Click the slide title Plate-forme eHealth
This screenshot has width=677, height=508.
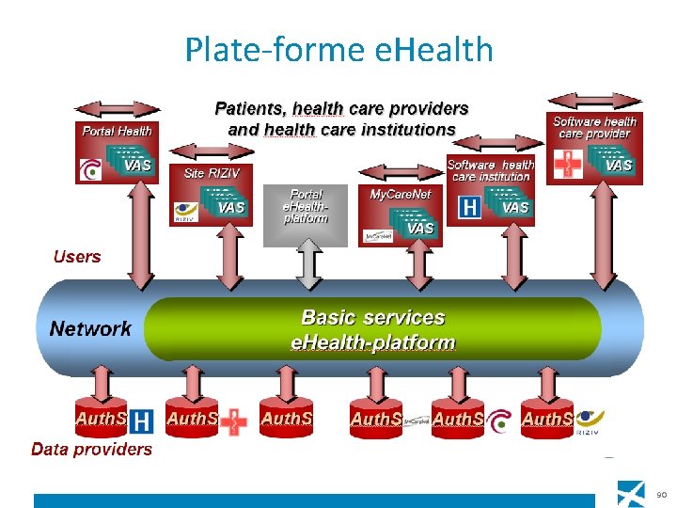[x=338, y=49]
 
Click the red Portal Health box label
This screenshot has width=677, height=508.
[x=117, y=131]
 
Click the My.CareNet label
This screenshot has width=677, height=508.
[x=400, y=192]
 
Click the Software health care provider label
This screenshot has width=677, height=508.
[x=595, y=127]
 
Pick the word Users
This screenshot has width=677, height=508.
[x=77, y=256]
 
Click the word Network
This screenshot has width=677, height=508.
[x=90, y=328]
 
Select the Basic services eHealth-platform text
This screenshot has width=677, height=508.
[x=372, y=330]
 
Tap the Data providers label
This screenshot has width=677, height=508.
[x=91, y=449]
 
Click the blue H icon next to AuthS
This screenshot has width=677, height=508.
[x=142, y=421]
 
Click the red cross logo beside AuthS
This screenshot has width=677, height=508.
[x=232, y=421]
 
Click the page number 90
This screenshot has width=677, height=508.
[x=661, y=494]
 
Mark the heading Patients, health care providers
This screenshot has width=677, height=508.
[x=341, y=109]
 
